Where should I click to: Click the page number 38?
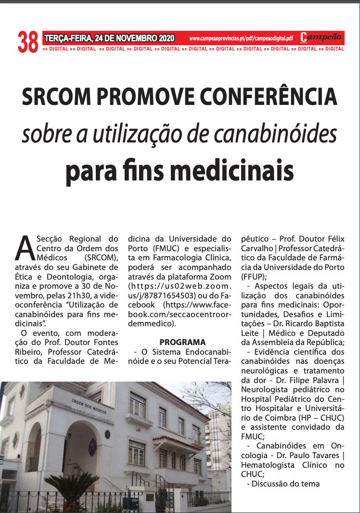coord(28,42)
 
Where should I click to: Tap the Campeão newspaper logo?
coord(321,38)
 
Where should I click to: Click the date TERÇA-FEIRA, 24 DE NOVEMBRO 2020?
coord(109,38)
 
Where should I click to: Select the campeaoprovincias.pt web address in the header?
coord(241,38)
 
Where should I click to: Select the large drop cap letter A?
coord(28,248)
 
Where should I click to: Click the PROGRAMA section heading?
coord(182,342)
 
